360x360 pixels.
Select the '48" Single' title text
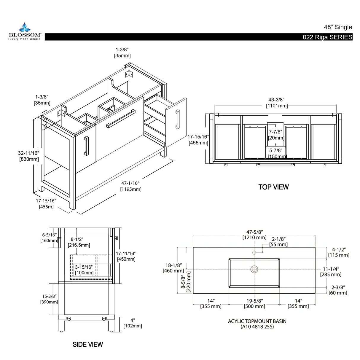[x=338, y=27]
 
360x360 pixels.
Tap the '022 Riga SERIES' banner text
[x=327, y=37]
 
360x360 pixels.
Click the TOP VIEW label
[x=273, y=187]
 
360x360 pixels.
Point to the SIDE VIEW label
[x=88, y=344]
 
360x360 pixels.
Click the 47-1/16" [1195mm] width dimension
[x=130, y=186]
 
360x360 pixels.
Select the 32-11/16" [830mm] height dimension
[x=28, y=156]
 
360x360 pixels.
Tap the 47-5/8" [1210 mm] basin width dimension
[x=254, y=235]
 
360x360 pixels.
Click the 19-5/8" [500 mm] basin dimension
[x=254, y=303]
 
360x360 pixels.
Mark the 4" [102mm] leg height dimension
[x=133, y=323]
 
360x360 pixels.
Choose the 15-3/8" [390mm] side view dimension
[x=49, y=299]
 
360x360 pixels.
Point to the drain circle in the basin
[x=254, y=269]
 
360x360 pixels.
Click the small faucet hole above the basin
[x=254, y=252]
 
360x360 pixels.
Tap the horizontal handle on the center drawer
[x=120, y=119]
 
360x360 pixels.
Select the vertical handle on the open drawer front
[x=177, y=119]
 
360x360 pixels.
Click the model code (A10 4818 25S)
[x=257, y=327]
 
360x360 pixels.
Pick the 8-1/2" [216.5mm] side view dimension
[x=79, y=242]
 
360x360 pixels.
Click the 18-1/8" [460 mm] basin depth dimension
[x=173, y=268]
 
